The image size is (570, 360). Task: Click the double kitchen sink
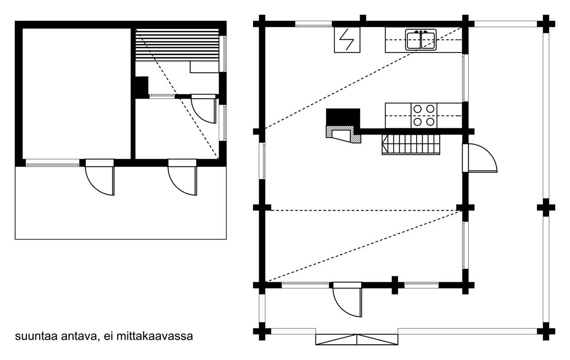421,40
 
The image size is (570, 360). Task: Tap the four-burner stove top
424,115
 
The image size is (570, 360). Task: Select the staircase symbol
411,144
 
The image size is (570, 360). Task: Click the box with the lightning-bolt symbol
347,40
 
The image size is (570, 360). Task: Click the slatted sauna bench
177,45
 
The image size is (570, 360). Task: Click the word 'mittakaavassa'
155,336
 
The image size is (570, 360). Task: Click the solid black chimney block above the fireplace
343,117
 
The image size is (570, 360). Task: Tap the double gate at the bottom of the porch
357,340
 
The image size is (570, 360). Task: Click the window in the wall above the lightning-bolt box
313,24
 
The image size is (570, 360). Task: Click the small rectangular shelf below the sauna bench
204,67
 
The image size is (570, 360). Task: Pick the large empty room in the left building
77,93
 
